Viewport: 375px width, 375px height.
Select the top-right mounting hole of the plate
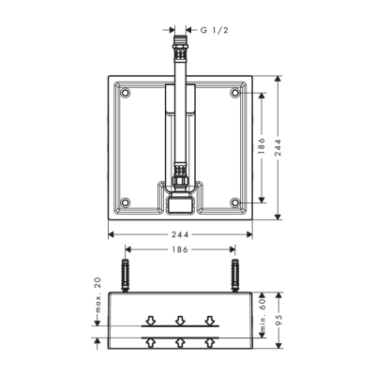pyautogui.click(x=235, y=93)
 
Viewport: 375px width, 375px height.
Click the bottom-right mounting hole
pyautogui.click(x=235, y=200)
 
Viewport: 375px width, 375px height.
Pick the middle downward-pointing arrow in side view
pyautogui.click(x=180, y=319)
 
